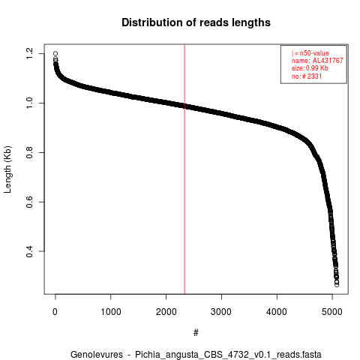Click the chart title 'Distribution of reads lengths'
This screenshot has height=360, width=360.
(x=196, y=22)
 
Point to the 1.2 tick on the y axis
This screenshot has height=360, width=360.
(x=29, y=53)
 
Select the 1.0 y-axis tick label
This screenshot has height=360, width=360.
(x=29, y=103)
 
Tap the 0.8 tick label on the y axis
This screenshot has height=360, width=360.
(x=29, y=152)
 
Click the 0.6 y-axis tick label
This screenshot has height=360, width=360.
(x=29, y=202)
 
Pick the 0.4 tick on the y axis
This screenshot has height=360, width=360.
(x=29, y=251)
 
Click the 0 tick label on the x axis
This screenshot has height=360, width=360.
(x=55, y=312)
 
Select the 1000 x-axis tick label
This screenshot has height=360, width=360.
(x=110, y=312)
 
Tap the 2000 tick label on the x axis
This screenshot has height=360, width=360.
(x=166, y=312)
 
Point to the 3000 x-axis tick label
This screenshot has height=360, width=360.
(x=221, y=312)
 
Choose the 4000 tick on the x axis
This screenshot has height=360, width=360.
(x=277, y=312)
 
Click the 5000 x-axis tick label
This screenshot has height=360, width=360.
(x=332, y=312)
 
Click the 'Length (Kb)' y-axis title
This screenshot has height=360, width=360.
(x=7, y=169)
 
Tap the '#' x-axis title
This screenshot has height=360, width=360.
(x=196, y=333)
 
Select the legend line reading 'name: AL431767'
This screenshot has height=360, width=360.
(x=317, y=61)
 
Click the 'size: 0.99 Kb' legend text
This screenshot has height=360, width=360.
(x=310, y=68)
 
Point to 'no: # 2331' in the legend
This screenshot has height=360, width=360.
(x=307, y=76)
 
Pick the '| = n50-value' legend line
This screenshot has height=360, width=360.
(x=310, y=53)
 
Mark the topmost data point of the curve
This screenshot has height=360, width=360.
(x=55, y=53)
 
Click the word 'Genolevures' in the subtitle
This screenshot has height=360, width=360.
(x=97, y=355)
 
